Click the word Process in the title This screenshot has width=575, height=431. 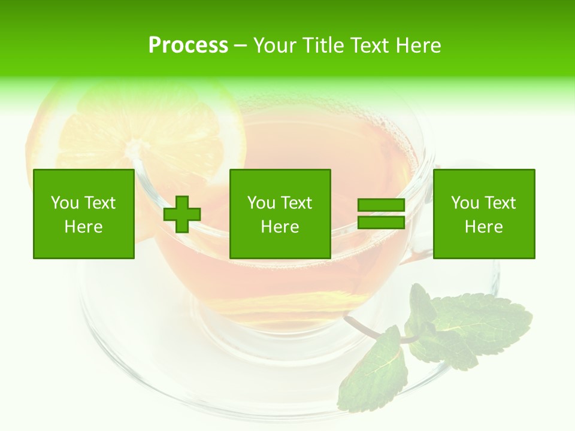coord(188,45)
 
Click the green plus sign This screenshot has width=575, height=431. coord(182,214)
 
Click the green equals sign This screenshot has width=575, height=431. coord(381,214)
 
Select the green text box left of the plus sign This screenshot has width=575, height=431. coord(84,214)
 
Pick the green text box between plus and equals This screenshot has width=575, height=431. coord(280,214)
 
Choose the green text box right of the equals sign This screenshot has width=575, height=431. coord(484,214)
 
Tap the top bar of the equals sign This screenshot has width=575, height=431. coord(381,205)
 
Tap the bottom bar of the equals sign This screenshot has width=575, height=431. coord(381,223)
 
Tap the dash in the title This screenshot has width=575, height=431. coord(240,45)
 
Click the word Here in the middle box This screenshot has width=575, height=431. coord(280,227)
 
